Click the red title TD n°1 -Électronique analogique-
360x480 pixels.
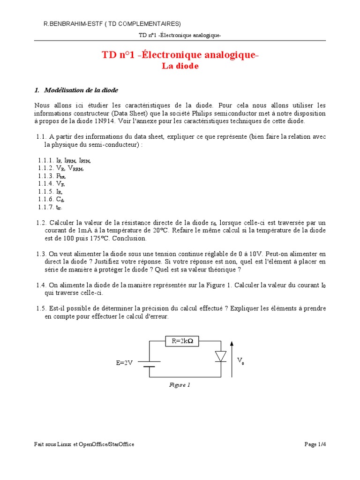180,55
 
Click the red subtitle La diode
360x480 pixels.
180,67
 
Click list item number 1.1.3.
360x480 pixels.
46,176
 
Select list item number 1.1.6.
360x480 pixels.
46,199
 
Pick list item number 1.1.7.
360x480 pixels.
46,207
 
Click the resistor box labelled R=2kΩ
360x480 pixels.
182,342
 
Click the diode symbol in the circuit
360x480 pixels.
220,357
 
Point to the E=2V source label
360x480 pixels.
125,363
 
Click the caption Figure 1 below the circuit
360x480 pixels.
180,385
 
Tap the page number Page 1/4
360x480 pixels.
315,444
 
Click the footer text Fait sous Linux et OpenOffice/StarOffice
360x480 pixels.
84,444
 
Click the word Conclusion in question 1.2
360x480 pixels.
131,239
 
